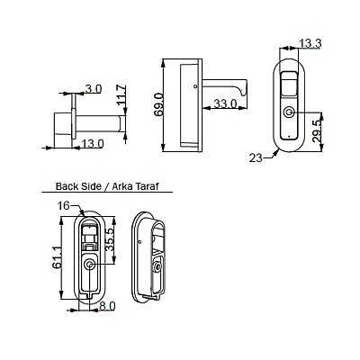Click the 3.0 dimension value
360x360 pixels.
(94, 89)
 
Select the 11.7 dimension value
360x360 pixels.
(122, 95)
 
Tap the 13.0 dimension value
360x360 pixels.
(93, 144)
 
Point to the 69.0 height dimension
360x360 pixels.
(158, 104)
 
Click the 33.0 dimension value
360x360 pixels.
(225, 103)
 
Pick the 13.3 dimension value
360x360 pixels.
(310, 44)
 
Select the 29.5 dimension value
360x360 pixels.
(317, 130)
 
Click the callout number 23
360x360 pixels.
(256, 157)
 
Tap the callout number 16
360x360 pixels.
(63, 206)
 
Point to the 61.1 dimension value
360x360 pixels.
(57, 257)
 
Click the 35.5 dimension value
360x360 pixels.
(110, 239)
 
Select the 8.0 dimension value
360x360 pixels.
(107, 306)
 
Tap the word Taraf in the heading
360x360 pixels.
(147, 186)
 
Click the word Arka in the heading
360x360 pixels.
(122, 186)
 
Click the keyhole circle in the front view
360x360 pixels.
(289, 112)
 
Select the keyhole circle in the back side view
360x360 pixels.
(89, 265)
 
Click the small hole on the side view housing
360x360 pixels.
(195, 86)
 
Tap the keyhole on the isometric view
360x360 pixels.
(157, 267)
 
